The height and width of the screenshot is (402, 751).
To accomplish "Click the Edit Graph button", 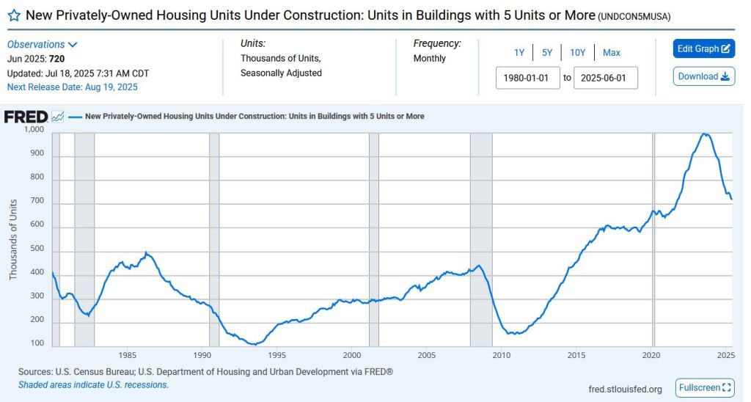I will pyautogui.click(x=703, y=49).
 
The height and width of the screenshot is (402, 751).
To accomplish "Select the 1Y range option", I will pyautogui.click(x=519, y=53).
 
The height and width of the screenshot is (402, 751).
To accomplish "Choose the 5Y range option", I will pyautogui.click(x=547, y=53).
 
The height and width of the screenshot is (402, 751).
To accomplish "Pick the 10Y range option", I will pyautogui.click(x=578, y=53).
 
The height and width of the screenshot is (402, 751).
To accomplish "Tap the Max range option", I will pyautogui.click(x=612, y=53).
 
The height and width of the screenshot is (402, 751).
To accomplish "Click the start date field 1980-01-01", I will pyautogui.click(x=528, y=78).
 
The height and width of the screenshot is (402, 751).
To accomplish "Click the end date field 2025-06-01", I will pyautogui.click(x=606, y=78).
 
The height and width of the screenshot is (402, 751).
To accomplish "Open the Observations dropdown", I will pyautogui.click(x=43, y=45).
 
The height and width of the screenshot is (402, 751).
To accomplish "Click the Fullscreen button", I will pyautogui.click(x=705, y=387).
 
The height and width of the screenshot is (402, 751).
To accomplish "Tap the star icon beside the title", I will pyautogui.click(x=13, y=15).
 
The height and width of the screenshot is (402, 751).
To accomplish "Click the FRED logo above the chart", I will pyautogui.click(x=26, y=117).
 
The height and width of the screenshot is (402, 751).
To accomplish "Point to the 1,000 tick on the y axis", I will pyautogui.click(x=34, y=130).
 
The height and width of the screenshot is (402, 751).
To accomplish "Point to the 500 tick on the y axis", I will pyautogui.click(x=37, y=249).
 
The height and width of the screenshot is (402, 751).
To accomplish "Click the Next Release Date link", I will pyautogui.click(x=72, y=87).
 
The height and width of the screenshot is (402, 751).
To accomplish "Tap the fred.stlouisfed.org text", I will pyautogui.click(x=625, y=389).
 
